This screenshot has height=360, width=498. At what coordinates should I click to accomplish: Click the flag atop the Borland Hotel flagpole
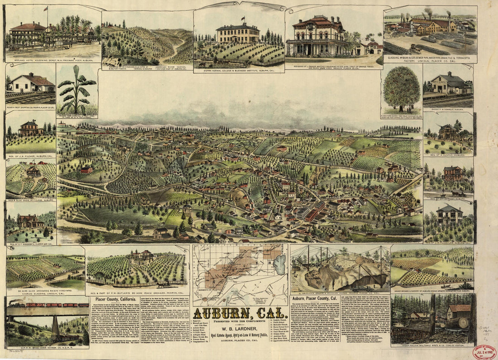(x=46, y=8)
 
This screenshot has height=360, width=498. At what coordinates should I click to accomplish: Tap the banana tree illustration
(x=77, y=90)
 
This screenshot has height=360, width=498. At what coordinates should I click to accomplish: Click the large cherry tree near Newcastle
(x=401, y=88)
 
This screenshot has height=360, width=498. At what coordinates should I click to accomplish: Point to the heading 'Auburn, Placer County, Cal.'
(x=320, y=299)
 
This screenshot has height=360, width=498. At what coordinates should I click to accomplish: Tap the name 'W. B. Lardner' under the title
(x=239, y=329)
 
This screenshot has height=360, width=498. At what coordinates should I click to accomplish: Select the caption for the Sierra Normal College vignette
(x=239, y=71)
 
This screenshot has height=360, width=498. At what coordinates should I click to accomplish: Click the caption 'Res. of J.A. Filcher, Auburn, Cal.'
(x=30, y=155)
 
